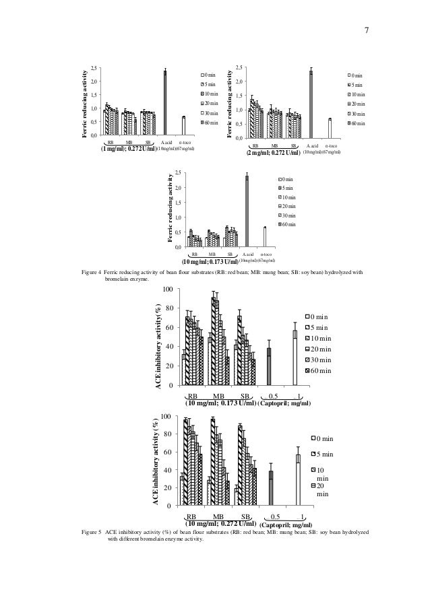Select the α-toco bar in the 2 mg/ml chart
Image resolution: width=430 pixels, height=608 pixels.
coord(330,128)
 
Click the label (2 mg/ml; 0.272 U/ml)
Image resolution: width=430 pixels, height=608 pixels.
coord(273,153)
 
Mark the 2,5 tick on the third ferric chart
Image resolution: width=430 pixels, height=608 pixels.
coord(178,173)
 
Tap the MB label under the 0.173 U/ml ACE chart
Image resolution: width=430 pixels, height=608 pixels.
coord(218,395)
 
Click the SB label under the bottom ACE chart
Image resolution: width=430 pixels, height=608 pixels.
coord(246,515)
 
